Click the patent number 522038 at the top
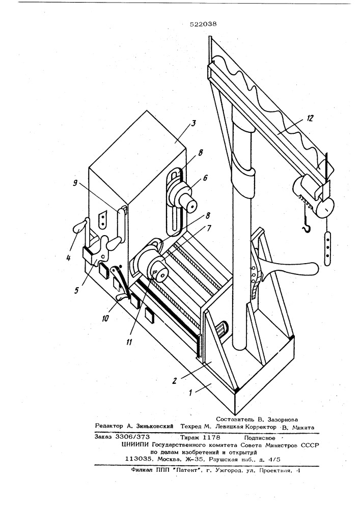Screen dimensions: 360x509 [x=204, y=24]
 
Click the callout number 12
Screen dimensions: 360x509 [x=310, y=119]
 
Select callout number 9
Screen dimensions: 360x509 [x=75, y=183]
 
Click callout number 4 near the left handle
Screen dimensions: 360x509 [x=68, y=259]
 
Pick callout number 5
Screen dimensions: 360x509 [x=76, y=290]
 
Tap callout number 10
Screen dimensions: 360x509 [x=105, y=319]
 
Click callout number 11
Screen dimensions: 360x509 [x=129, y=342]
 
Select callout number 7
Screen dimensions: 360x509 [x=209, y=228]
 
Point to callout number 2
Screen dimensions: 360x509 [x=175, y=380]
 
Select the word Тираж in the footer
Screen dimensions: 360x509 [x=189, y=437]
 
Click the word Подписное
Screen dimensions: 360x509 [x=259, y=438]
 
